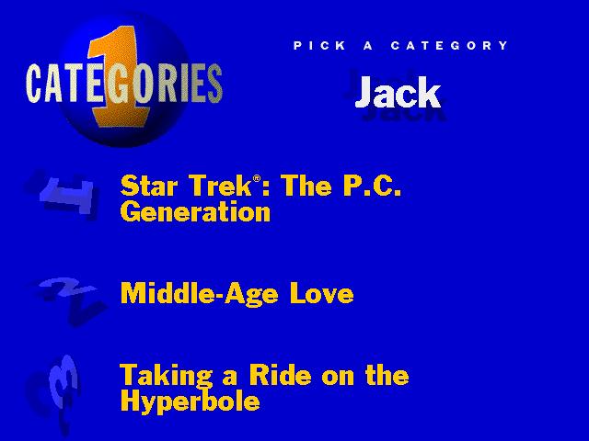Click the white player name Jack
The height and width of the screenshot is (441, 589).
pyautogui.click(x=398, y=93)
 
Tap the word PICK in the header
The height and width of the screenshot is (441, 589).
pyautogui.click(x=319, y=46)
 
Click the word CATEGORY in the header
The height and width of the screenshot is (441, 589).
pyautogui.click(x=449, y=46)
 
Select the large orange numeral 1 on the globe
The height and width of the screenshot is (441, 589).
pyautogui.click(x=119, y=77)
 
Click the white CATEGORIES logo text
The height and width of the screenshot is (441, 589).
pyautogui.click(x=124, y=84)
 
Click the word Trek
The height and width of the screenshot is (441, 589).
pyautogui.click(x=220, y=186)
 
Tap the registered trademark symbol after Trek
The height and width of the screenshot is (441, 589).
pyautogui.click(x=257, y=178)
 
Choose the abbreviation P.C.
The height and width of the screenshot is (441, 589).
pyautogui.click(x=372, y=186)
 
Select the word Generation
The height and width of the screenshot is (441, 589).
pyautogui.click(x=195, y=211)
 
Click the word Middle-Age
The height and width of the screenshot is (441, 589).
pyautogui.click(x=200, y=294)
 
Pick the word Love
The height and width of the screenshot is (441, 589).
pyautogui.click(x=321, y=294)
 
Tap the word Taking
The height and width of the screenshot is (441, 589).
pyautogui.click(x=166, y=376)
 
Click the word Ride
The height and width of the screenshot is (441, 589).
pyautogui.click(x=281, y=375)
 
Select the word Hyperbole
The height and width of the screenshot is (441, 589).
pyautogui.click(x=191, y=402)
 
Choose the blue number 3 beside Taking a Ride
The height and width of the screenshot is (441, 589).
pyautogui.click(x=62, y=386)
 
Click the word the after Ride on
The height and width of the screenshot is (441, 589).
pyautogui.click(x=387, y=375)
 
